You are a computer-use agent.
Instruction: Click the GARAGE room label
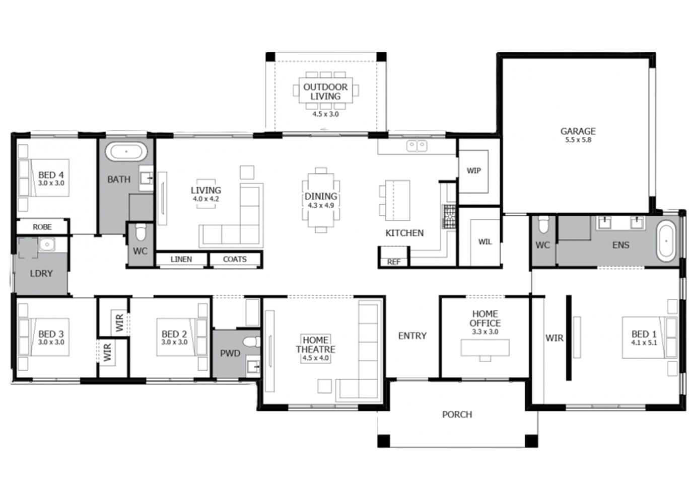pos(578,131)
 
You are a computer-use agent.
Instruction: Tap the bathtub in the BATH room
pos(126,151)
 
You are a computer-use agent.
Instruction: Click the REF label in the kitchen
pos(394,262)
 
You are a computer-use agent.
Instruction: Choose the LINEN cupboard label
pos(181,259)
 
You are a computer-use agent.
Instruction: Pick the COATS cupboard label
pos(235,259)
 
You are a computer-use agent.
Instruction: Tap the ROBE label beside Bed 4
pos(42,227)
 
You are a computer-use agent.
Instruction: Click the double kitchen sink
pos(417,146)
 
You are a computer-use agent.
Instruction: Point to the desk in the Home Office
pos(485,348)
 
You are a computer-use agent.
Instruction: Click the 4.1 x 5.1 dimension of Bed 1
pos(644,343)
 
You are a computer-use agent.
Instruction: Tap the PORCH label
pos(457,414)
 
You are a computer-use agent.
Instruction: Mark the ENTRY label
pos(412,336)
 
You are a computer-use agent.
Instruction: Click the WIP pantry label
pos(473,171)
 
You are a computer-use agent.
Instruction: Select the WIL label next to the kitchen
pos(485,242)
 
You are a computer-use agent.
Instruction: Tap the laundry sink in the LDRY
pos(47,245)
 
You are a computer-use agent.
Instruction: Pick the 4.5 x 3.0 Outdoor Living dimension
pos(325,114)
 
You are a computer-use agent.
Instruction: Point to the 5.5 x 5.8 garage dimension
pos(578,140)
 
